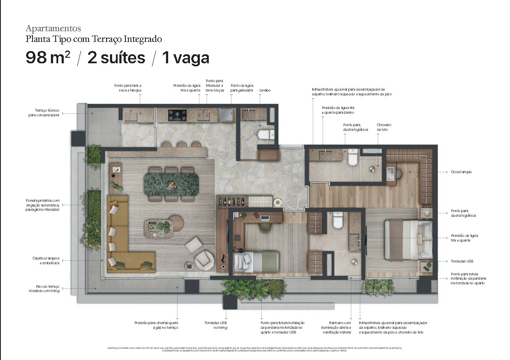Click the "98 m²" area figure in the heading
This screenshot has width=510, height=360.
tap(48, 57)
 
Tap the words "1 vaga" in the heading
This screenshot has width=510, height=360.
tap(185, 57)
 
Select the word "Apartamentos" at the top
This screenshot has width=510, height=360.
tap(53, 29)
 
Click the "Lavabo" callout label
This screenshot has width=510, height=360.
tap(265, 91)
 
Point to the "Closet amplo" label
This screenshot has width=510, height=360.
tap(461, 172)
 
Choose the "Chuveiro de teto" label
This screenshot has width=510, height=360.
tap(384, 127)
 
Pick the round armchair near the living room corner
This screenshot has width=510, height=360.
tap(204, 259)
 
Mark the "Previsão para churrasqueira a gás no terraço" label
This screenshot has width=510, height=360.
tap(156, 325)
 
